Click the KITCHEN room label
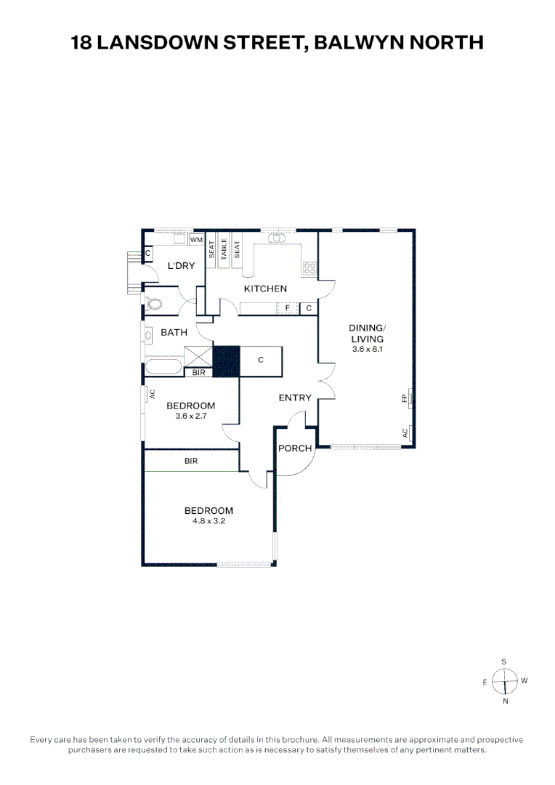(x=265, y=289)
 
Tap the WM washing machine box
(x=196, y=240)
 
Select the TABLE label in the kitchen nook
(x=224, y=249)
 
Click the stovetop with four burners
(x=309, y=269)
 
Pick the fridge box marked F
(x=288, y=308)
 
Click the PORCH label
(x=295, y=448)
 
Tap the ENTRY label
(x=295, y=398)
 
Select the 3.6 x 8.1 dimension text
(x=367, y=350)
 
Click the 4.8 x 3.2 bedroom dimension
(x=208, y=520)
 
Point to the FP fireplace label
(x=404, y=398)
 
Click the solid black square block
(x=226, y=361)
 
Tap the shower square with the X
(x=198, y=357)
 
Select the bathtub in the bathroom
(x=163, y=367)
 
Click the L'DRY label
(x=181, y=266)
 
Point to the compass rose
(x=504, y=681)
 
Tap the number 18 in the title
(x=81, y=43)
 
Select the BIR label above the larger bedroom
(x=191, y=461)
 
